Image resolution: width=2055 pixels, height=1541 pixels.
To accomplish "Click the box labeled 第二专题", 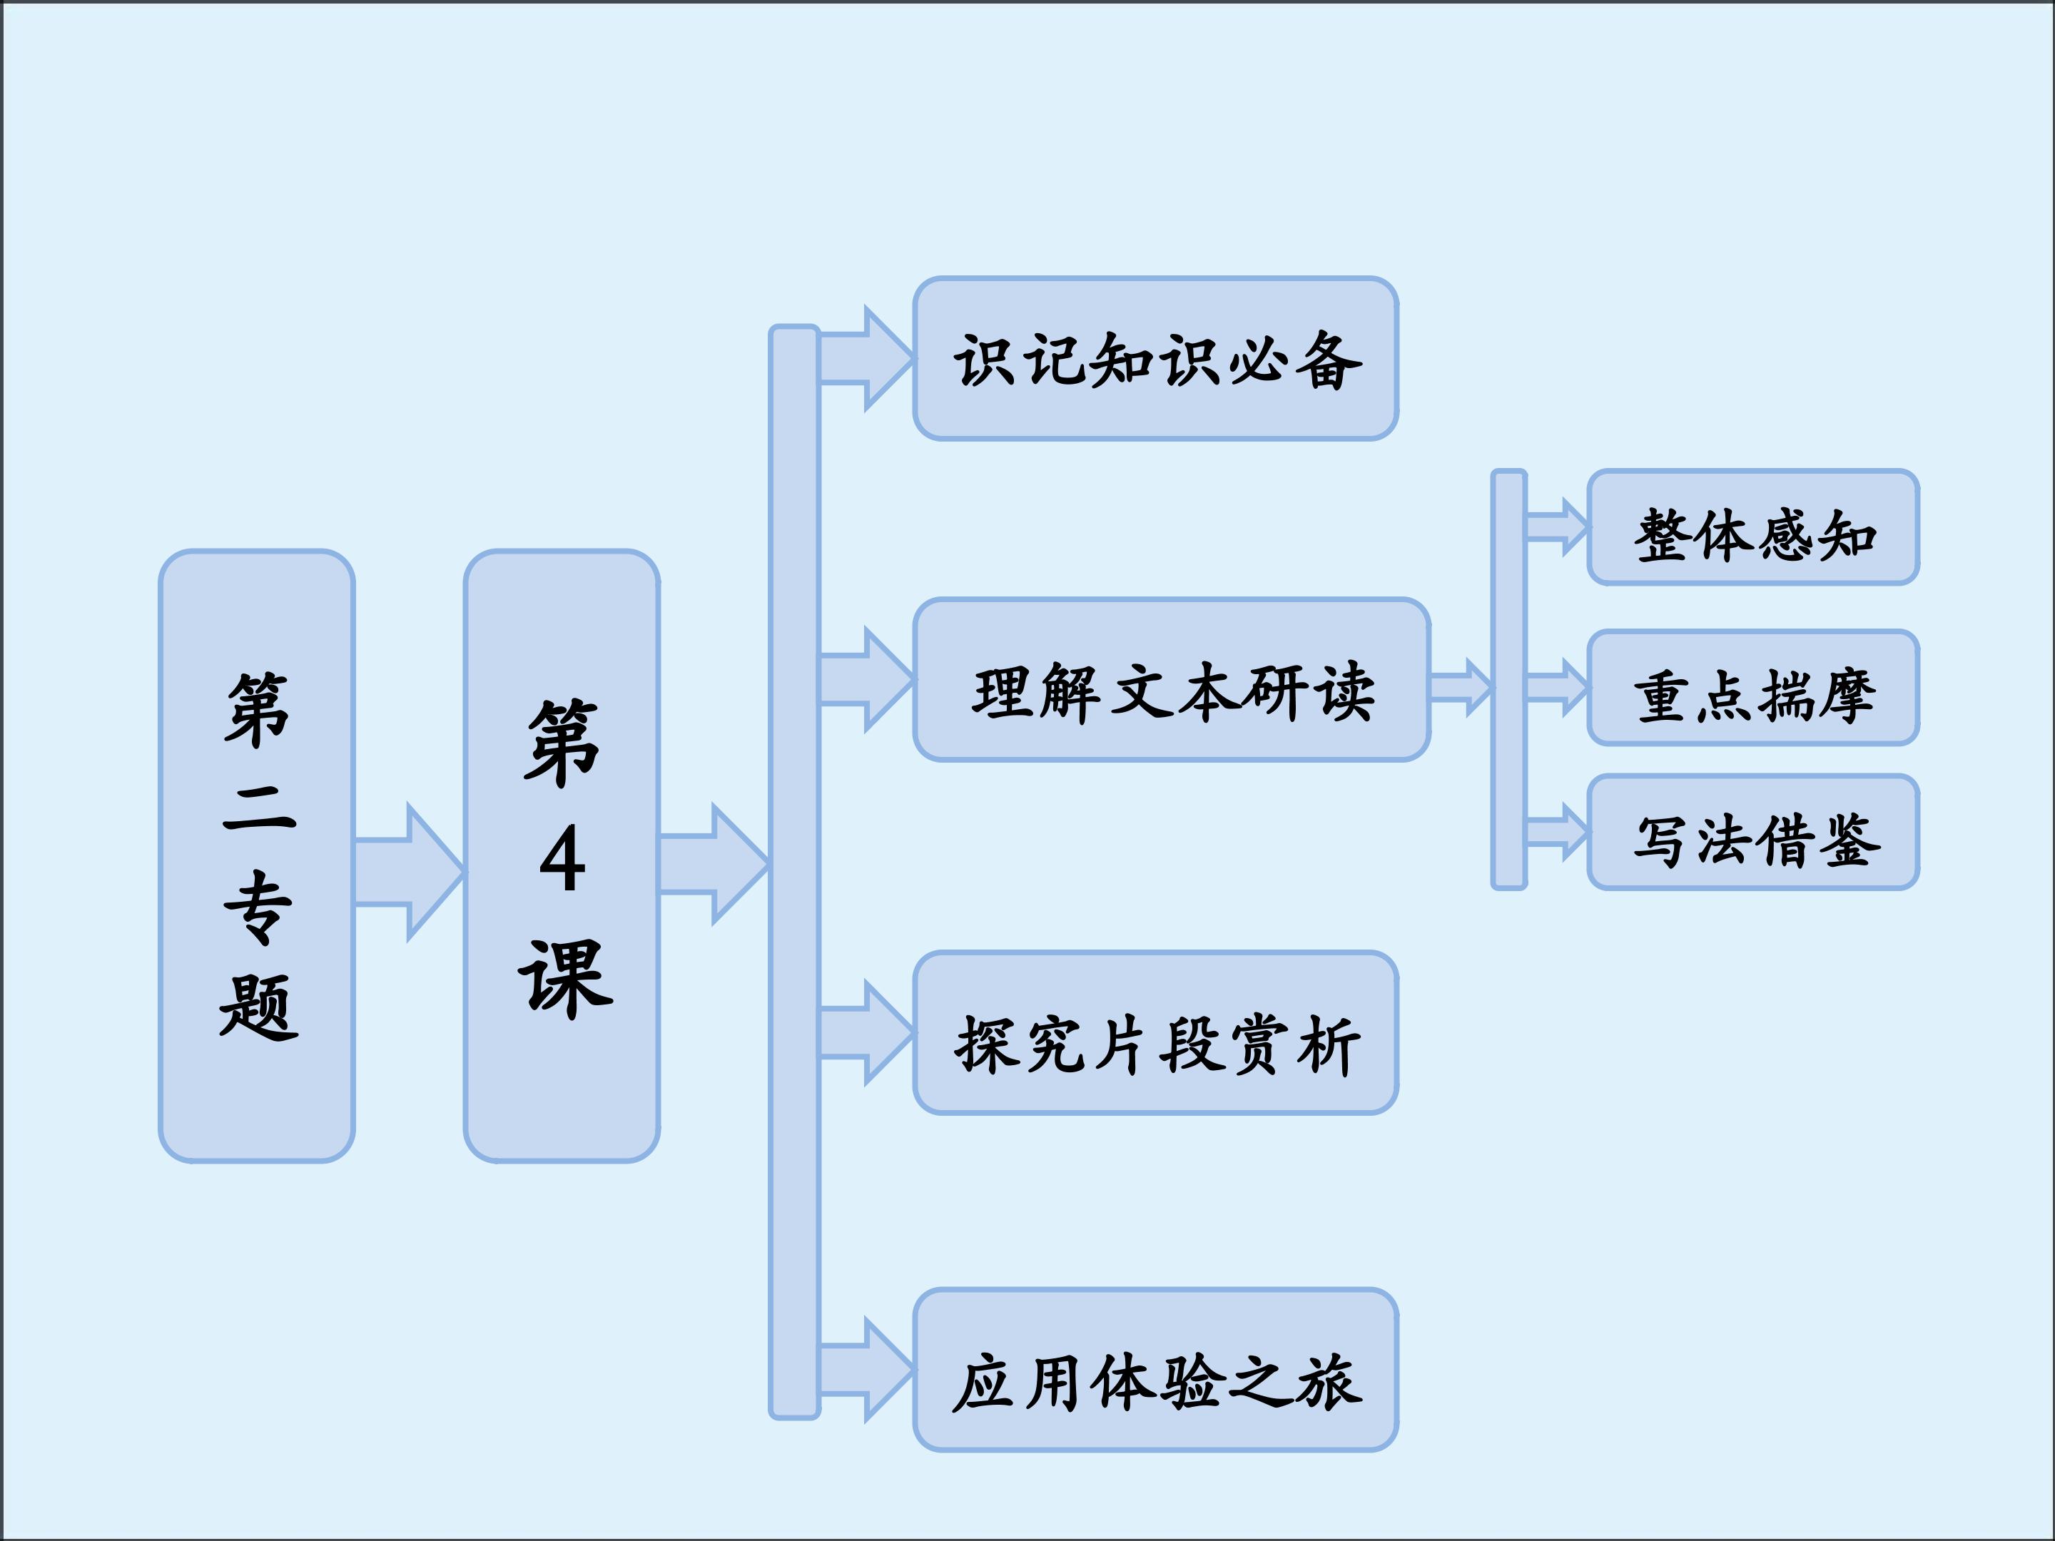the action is pos(256,855).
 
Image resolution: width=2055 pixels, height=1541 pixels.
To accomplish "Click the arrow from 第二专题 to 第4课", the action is pos(409,873).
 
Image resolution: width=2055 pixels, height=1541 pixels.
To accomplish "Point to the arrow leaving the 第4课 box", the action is pos(714,864).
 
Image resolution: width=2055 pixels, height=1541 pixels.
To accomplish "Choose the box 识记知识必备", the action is pos(1156,359).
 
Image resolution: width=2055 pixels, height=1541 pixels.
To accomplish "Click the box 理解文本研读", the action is pos(1172,680).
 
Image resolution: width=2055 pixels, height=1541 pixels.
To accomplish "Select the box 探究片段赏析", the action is pos(1156,1032).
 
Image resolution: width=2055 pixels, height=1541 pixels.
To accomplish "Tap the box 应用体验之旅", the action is pos(1156,1369).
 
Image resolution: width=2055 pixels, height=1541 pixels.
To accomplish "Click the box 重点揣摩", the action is pos(1753,687).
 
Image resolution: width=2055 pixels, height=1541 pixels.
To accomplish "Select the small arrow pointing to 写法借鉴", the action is pos(1558,833).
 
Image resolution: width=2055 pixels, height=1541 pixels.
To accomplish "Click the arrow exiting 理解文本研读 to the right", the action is pos(1461,687).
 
